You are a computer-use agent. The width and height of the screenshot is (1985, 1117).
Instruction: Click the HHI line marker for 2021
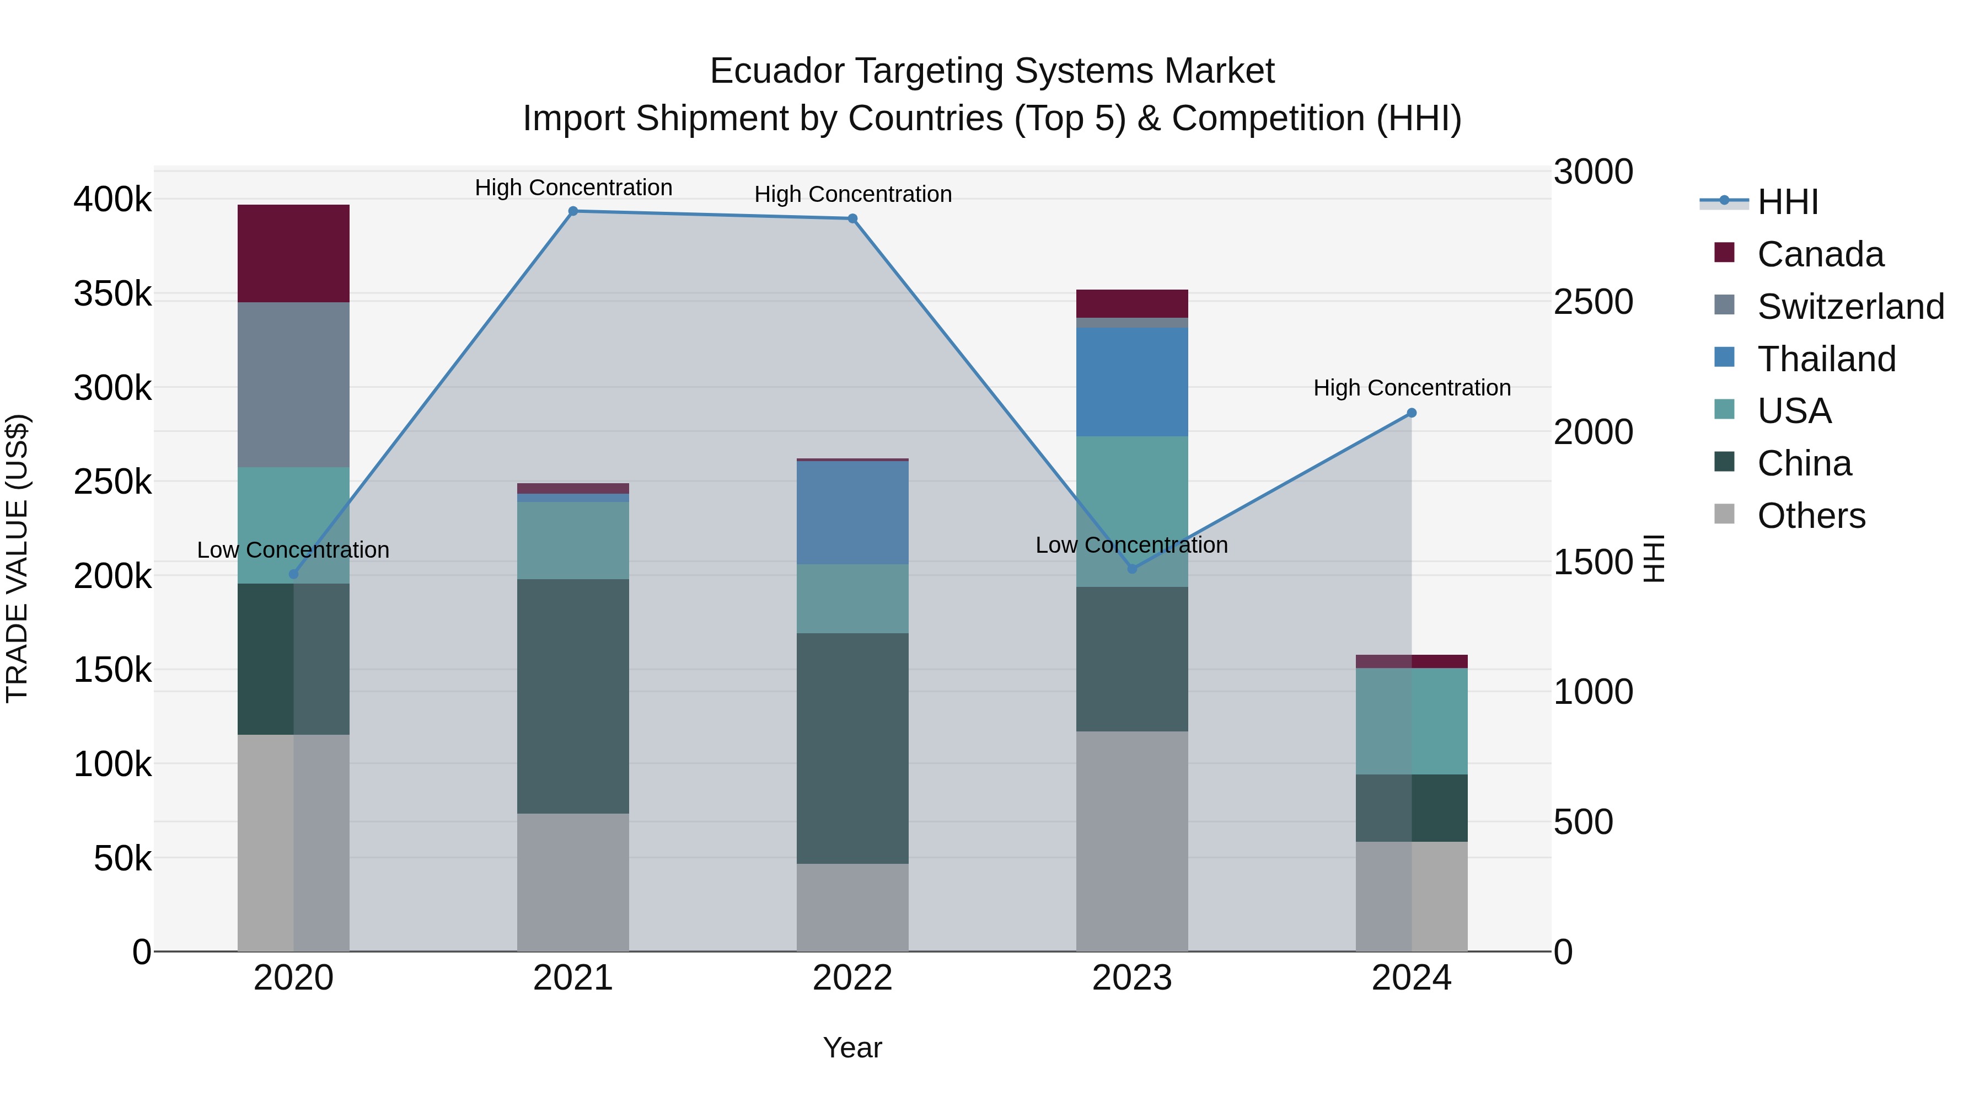572,211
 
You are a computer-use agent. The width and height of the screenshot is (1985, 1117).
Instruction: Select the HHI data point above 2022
852,219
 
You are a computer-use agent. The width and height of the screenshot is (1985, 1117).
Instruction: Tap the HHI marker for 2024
1411,413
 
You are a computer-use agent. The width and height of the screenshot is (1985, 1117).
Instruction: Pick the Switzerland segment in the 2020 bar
293,384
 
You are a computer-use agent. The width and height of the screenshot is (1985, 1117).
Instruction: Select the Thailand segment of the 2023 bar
1131,382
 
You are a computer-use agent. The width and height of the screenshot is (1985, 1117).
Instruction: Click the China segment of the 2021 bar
572,696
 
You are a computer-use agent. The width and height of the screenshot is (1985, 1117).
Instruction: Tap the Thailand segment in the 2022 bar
852,512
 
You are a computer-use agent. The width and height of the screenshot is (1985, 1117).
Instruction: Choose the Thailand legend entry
1826,359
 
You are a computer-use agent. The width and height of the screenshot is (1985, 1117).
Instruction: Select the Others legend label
1811,516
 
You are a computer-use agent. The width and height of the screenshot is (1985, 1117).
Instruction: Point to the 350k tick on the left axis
112,293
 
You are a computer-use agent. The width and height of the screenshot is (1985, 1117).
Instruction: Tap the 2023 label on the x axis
1131,978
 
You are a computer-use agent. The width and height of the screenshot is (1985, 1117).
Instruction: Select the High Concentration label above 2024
1411,388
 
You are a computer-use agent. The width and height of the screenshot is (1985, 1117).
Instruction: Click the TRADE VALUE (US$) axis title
17,558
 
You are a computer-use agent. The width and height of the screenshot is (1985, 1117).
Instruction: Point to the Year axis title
852,1047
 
